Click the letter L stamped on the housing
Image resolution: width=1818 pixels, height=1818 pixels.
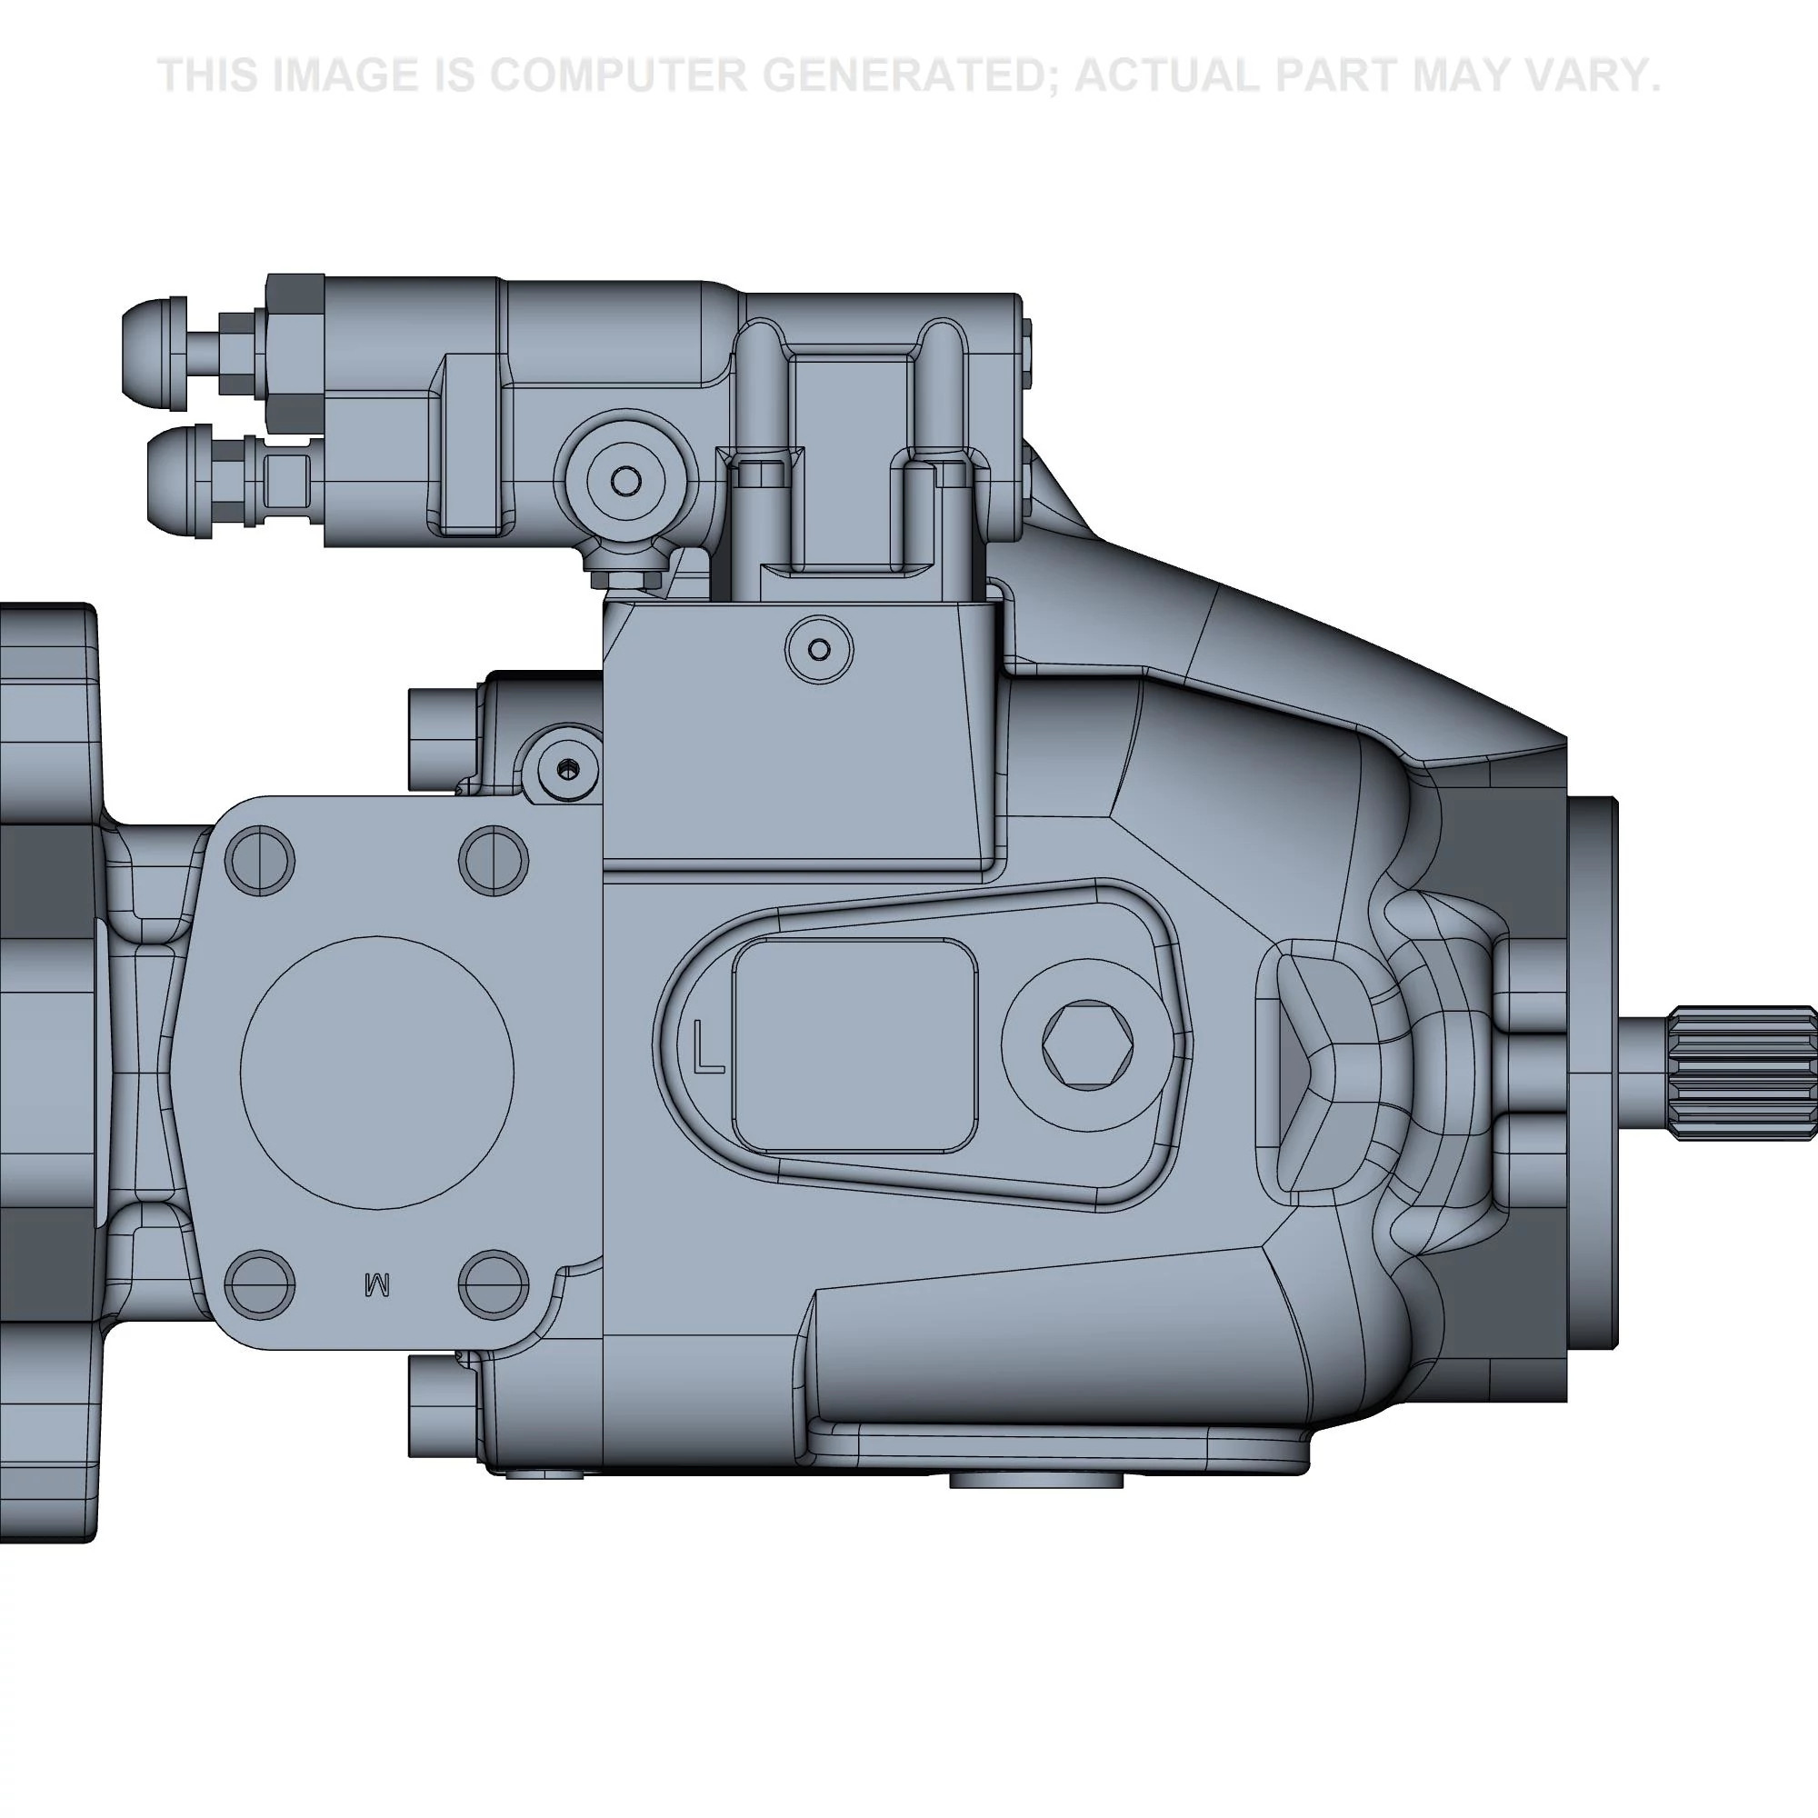[x=707, y=1046]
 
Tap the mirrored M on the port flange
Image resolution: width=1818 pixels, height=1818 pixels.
[x=376, y=1284]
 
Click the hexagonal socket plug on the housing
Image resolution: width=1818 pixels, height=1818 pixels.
[x=1088, y=1044]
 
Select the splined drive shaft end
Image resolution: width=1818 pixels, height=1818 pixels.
[x=1741, y=1073]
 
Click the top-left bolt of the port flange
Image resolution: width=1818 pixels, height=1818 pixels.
[x=260, y=861]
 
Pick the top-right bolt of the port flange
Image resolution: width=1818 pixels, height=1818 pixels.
[x=493, y=861]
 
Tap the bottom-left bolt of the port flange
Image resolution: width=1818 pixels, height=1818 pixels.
[x=260, y=1284]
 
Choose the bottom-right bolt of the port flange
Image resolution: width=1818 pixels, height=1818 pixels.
[x=493, y=1284]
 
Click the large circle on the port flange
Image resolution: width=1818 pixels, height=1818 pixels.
[x=376, y=1073]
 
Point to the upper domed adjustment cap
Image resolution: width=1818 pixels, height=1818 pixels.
[x=155, y=353]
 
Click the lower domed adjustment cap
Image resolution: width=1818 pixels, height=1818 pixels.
[x=179, y=482]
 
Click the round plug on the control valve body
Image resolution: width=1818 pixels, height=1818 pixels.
[x=625, y=481]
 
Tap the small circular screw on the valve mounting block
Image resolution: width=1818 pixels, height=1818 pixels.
[x=819, y=649]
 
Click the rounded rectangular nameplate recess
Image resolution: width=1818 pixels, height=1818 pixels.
[x=854, y=1044]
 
